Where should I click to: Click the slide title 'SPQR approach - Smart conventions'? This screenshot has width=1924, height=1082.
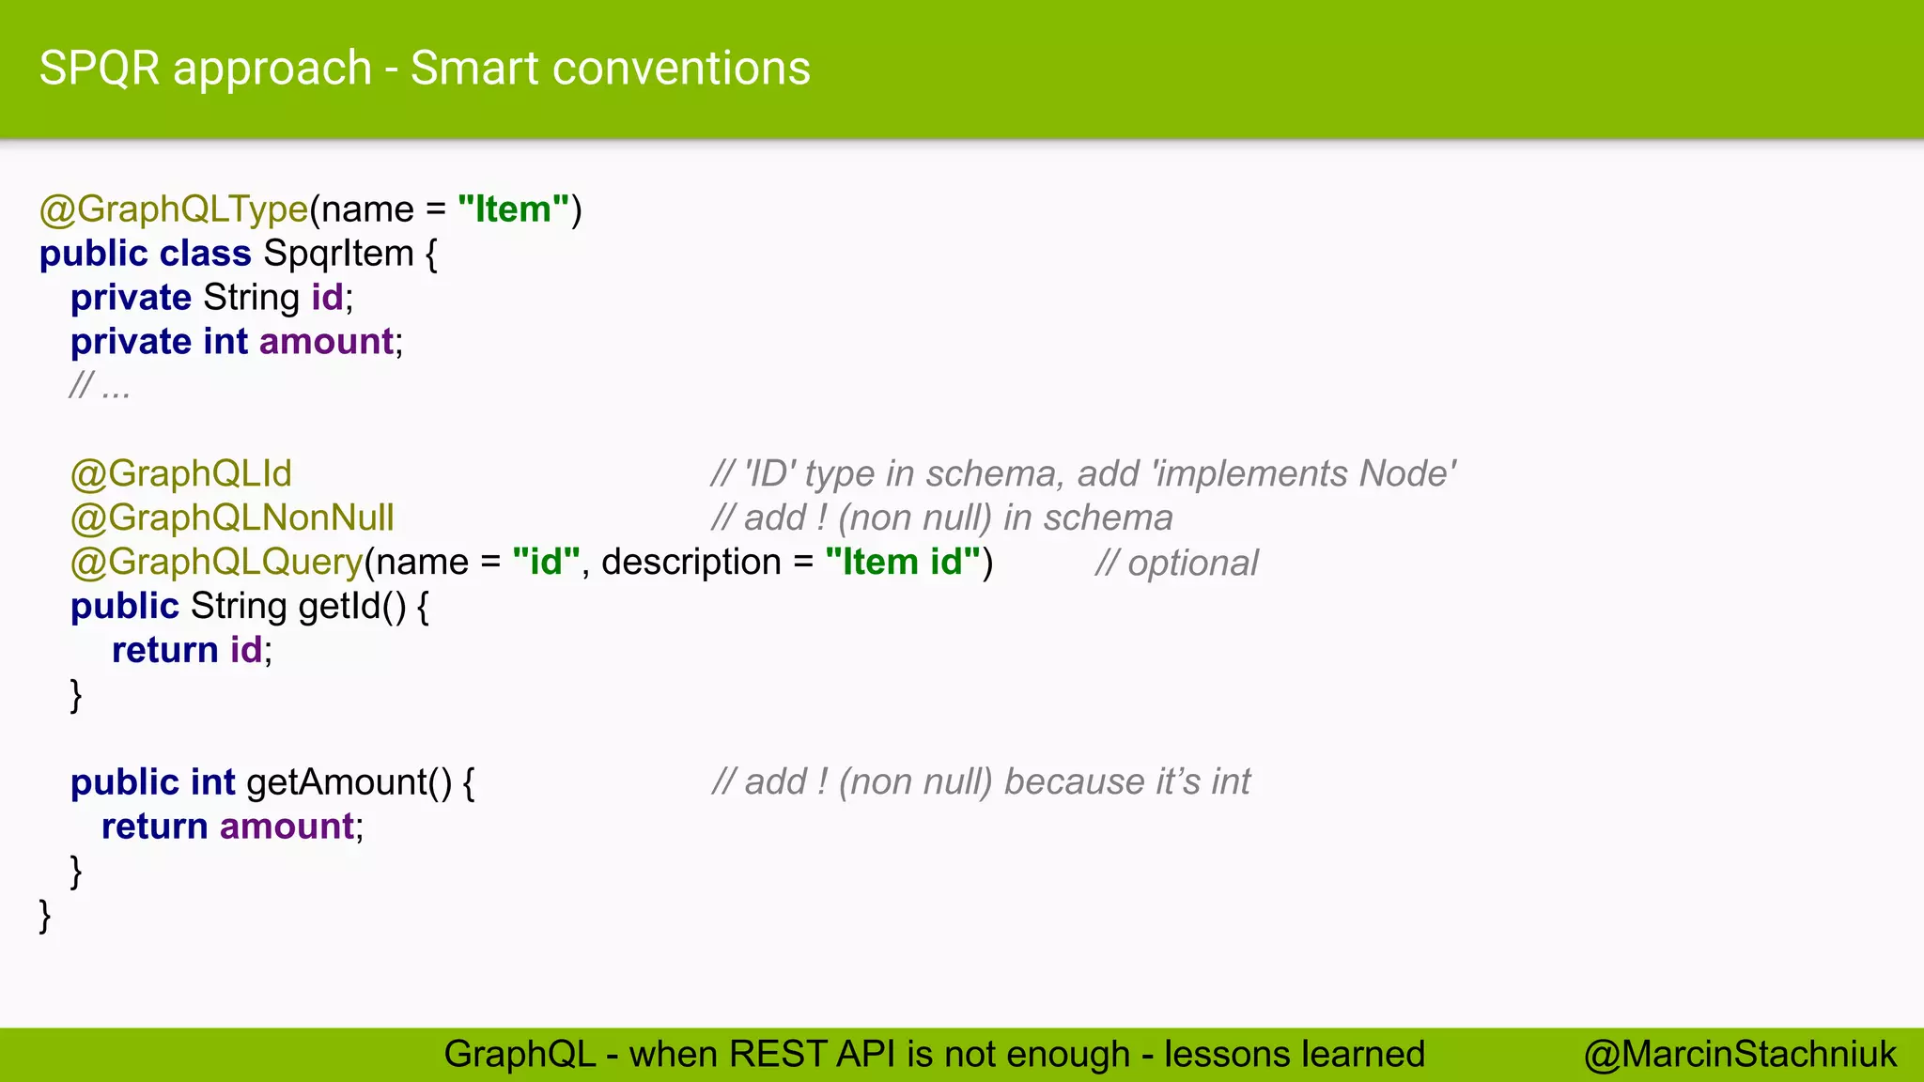pyautogui.click(x=425, y=69)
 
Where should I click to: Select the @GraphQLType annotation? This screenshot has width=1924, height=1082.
pyautogui.click(x=174, y=209)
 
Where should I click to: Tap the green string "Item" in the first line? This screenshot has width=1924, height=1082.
pyautogui.click(x=513, y=209)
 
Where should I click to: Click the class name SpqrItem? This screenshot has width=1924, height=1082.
pyautogui.click(x=338, y=254)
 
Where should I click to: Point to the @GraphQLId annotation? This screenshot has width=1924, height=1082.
pyautogui.click(x=181, y=473)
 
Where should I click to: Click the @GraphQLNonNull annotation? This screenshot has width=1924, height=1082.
pyautogui.click(x=232, y=518)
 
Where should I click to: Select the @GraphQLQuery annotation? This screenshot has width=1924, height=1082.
pyautogui.click(x=216, y=562)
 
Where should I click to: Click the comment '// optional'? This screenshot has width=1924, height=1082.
pyautogui.click(x=1176, y=564)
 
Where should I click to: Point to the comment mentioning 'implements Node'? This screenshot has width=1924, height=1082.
pyautogui.click(x=1083, y=473)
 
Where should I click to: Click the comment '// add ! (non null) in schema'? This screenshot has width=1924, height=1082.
pyautogui.click(x=941, y=518)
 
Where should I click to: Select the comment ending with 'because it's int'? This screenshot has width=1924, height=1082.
pyautogui.click(x=981, y=781)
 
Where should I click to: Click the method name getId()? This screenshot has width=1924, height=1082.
pyautogui.click(x=352, y=606)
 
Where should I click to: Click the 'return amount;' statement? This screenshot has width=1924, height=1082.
pyautogui.click(x=232, y=827)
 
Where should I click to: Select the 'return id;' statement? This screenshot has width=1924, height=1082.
pyautogui.click(x=192, y=650)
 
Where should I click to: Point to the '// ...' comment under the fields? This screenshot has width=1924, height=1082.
pyautogui.click(x=100, y=386)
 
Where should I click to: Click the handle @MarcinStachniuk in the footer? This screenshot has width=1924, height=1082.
pyautogui.click(x=1740, y=1054)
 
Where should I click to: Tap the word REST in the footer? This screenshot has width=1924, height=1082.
pyautogui.click(x=776, y=1054)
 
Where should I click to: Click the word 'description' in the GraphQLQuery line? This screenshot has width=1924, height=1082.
pyautogui.click(x=690, y=562)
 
